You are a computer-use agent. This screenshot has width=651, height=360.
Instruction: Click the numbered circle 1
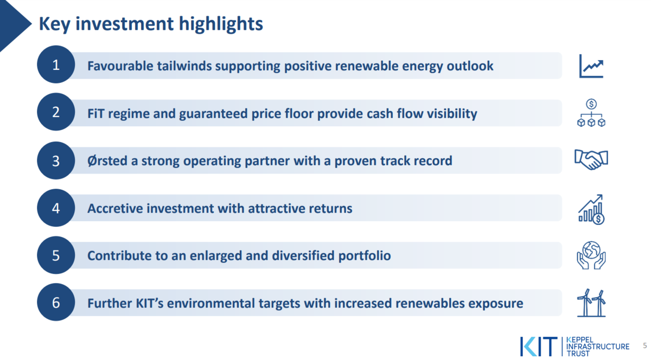[x=56, y=65]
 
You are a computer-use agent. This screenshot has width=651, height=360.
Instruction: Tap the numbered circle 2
[x=56, y=112]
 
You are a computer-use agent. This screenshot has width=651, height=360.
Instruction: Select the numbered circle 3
[x=56, y=160]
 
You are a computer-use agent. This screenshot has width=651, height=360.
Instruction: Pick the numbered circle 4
[x=56, y=208]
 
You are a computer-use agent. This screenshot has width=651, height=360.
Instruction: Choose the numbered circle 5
[x=56, y=255]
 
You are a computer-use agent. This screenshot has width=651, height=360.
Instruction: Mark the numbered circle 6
[x=56, y=302]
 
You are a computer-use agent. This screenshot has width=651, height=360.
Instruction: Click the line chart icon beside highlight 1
[x=591, y=66]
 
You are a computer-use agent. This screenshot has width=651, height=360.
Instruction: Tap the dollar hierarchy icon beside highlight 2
[x=591, y=113]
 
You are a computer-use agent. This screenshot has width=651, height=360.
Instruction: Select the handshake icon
[x=591, y=159]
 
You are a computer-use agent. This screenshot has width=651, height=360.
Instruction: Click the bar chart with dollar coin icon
[x=591, y=209]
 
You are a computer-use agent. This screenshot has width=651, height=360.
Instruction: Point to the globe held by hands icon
[x=591, y=255]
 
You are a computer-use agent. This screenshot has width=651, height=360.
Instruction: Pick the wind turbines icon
[x=591, y=303]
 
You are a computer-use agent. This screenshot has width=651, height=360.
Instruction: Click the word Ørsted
[x=107, y=160]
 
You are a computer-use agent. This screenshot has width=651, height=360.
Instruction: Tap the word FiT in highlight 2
[x=95, y=113]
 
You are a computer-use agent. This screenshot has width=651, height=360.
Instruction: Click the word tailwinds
[x=184, y=66]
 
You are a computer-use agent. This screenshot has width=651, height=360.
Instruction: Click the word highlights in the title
[x=221, y=24]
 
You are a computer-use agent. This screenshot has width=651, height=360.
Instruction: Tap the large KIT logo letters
[x=539, y=346]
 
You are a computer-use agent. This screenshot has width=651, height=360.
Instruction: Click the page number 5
[x=644, y=345]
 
